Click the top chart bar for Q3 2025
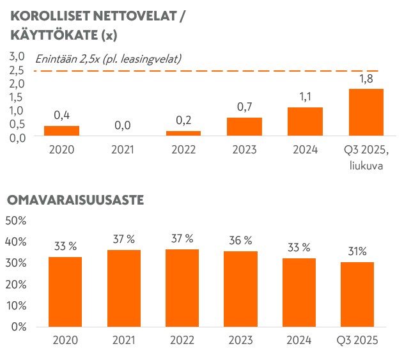366,112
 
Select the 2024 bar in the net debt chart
305,121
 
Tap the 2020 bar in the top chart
61,130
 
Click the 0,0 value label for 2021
122,125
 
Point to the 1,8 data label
366,79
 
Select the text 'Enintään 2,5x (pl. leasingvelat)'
108,59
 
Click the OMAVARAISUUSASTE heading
75,200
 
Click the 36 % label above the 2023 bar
240,240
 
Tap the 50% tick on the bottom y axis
15,221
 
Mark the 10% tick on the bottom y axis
15,305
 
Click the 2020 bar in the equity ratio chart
65,292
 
